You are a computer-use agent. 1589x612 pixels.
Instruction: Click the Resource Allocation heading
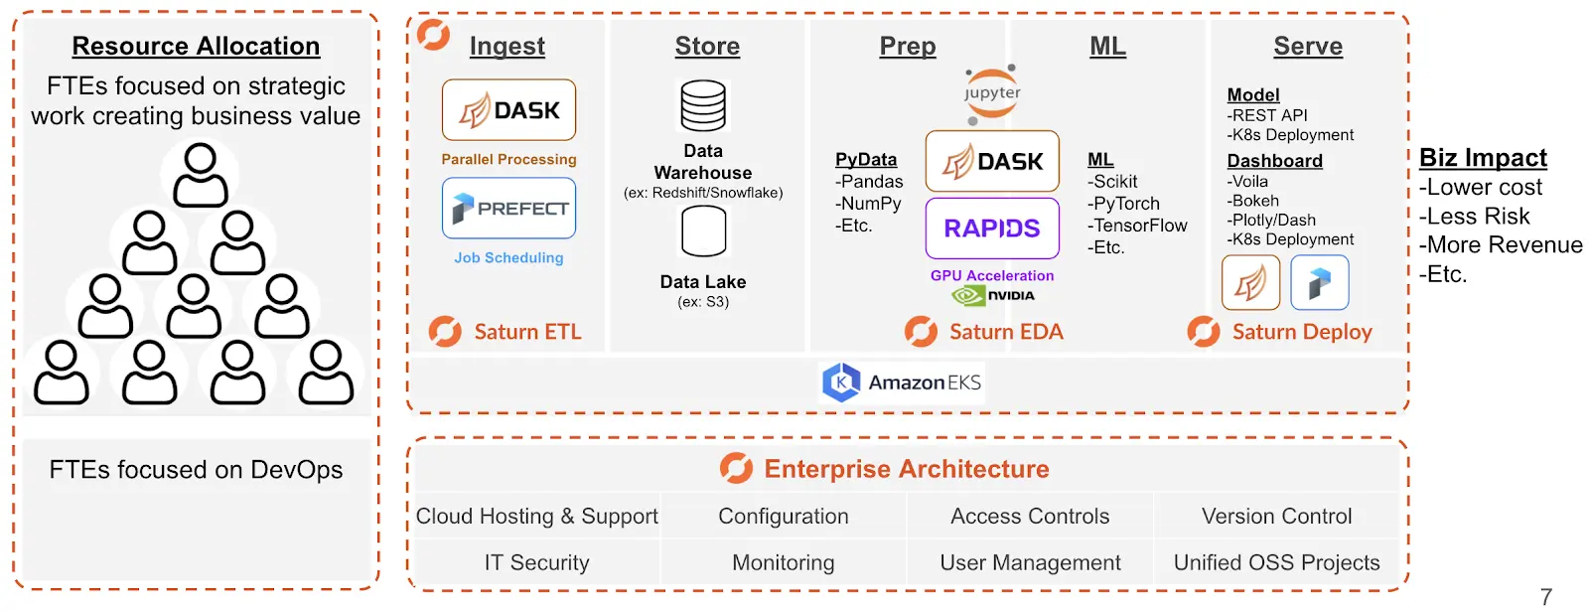(x=196, y=46)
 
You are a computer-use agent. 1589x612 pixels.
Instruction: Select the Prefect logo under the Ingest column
(x=508, y=208)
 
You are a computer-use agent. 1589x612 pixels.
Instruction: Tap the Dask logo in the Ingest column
(x=508, y=110)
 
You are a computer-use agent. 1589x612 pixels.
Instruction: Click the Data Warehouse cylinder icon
(x=703, y=105)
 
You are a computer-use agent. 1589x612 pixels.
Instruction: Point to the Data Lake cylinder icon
(x=703, y=230)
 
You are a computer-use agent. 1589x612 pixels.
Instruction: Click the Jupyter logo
(x=992, y=93)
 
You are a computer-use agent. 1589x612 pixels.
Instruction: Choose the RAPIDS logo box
(x=992, y=228)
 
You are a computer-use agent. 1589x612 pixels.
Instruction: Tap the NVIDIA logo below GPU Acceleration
(x=992, y=295)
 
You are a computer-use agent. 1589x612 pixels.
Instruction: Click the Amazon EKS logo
(x=902, y=382)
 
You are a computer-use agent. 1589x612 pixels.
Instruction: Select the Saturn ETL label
(x=506, y=332)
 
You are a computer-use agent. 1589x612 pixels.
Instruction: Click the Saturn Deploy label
(x=1280, y=332)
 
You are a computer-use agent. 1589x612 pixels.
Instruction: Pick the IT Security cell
(x=537, y=562)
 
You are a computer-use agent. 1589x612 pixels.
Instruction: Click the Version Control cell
(x=1276, y=517)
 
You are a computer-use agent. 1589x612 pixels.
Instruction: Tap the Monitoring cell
(x=784, y=562)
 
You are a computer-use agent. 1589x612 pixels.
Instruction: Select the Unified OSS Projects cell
(x=1276, y=562)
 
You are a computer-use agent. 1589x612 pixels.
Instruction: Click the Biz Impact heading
(x=1483, y=158)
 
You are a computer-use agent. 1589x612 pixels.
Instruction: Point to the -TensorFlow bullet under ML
(x=1137, y=226)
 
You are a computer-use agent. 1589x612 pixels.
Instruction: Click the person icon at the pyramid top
(x=201, y=175)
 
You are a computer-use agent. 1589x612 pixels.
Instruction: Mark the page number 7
(x=1546, y=596)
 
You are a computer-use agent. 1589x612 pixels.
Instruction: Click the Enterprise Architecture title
(x=884, y=469)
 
